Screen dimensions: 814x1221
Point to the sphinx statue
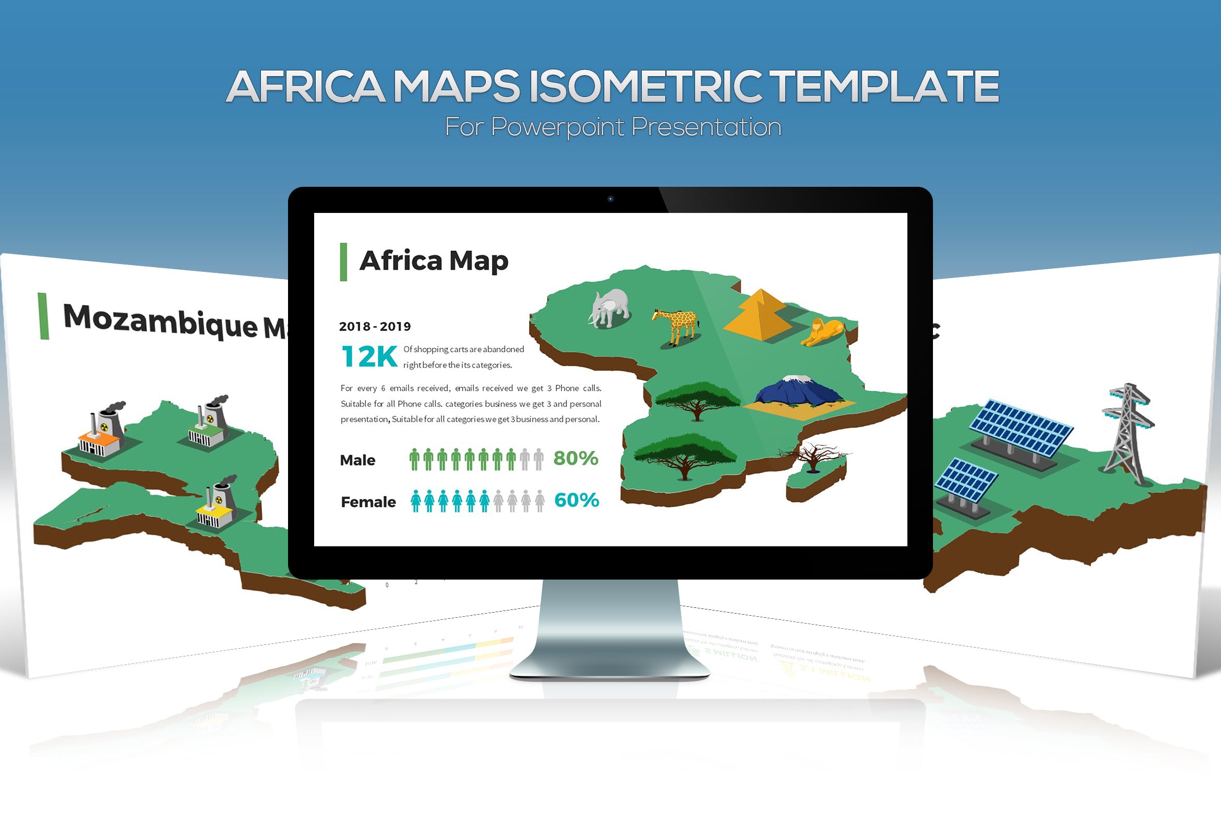[x=823, y=332]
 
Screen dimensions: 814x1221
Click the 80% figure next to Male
[x=576, y=458]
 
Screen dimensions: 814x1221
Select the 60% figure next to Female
[x=577, y=500]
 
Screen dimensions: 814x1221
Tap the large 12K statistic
[x=369, y=357]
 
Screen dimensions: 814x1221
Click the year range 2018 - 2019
[x=375, y=327]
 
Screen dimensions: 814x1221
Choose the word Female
[x=368, y=502]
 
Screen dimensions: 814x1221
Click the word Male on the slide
[x=357, y=460]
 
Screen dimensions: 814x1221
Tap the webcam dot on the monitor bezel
[x=610, y=199]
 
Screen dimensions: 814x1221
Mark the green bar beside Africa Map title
[x=343, y=262]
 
